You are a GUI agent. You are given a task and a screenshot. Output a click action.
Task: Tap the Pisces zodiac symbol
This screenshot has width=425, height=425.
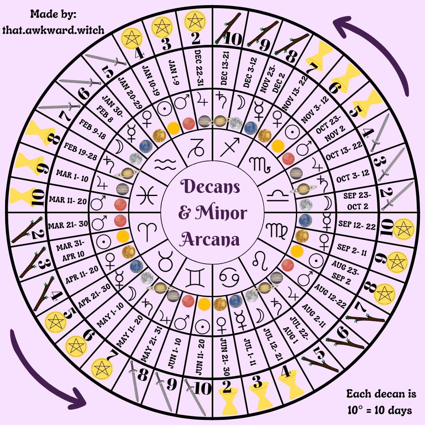click(x=145, y=195)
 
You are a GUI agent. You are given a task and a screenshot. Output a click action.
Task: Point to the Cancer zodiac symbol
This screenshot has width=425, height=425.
click(x=229, y=277)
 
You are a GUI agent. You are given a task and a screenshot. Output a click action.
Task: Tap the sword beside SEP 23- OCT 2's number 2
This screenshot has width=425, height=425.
click(x=397, y=195)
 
